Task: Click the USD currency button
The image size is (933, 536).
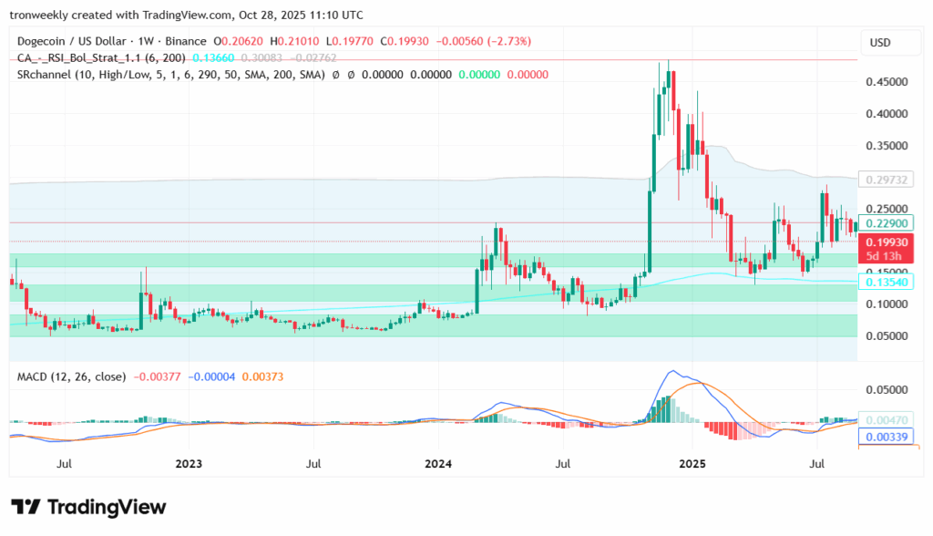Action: [880, 43]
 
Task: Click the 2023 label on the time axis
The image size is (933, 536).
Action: [189, 463]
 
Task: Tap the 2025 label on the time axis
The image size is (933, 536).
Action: [692, 463]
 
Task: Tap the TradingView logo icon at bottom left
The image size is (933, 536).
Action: [25, 507]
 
